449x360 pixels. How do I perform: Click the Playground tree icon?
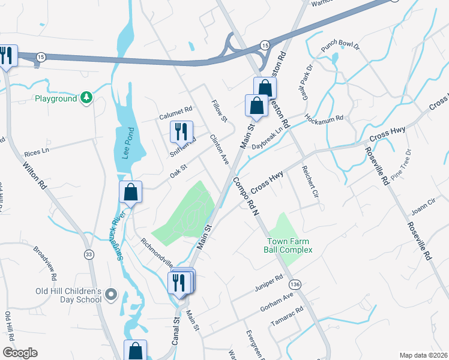(x=87, y=98)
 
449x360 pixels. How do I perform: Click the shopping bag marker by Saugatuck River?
(x=130, y=193)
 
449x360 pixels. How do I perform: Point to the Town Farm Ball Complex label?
(x=290, y=246)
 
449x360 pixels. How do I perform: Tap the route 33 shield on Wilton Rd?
(x=89, y=254)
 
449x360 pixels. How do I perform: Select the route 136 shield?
(x=294, y=283)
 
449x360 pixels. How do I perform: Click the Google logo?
(x=20, y=353)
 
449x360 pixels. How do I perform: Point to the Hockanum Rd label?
(x=323, y=118)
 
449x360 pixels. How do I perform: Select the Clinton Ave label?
(x=219, y=149)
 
